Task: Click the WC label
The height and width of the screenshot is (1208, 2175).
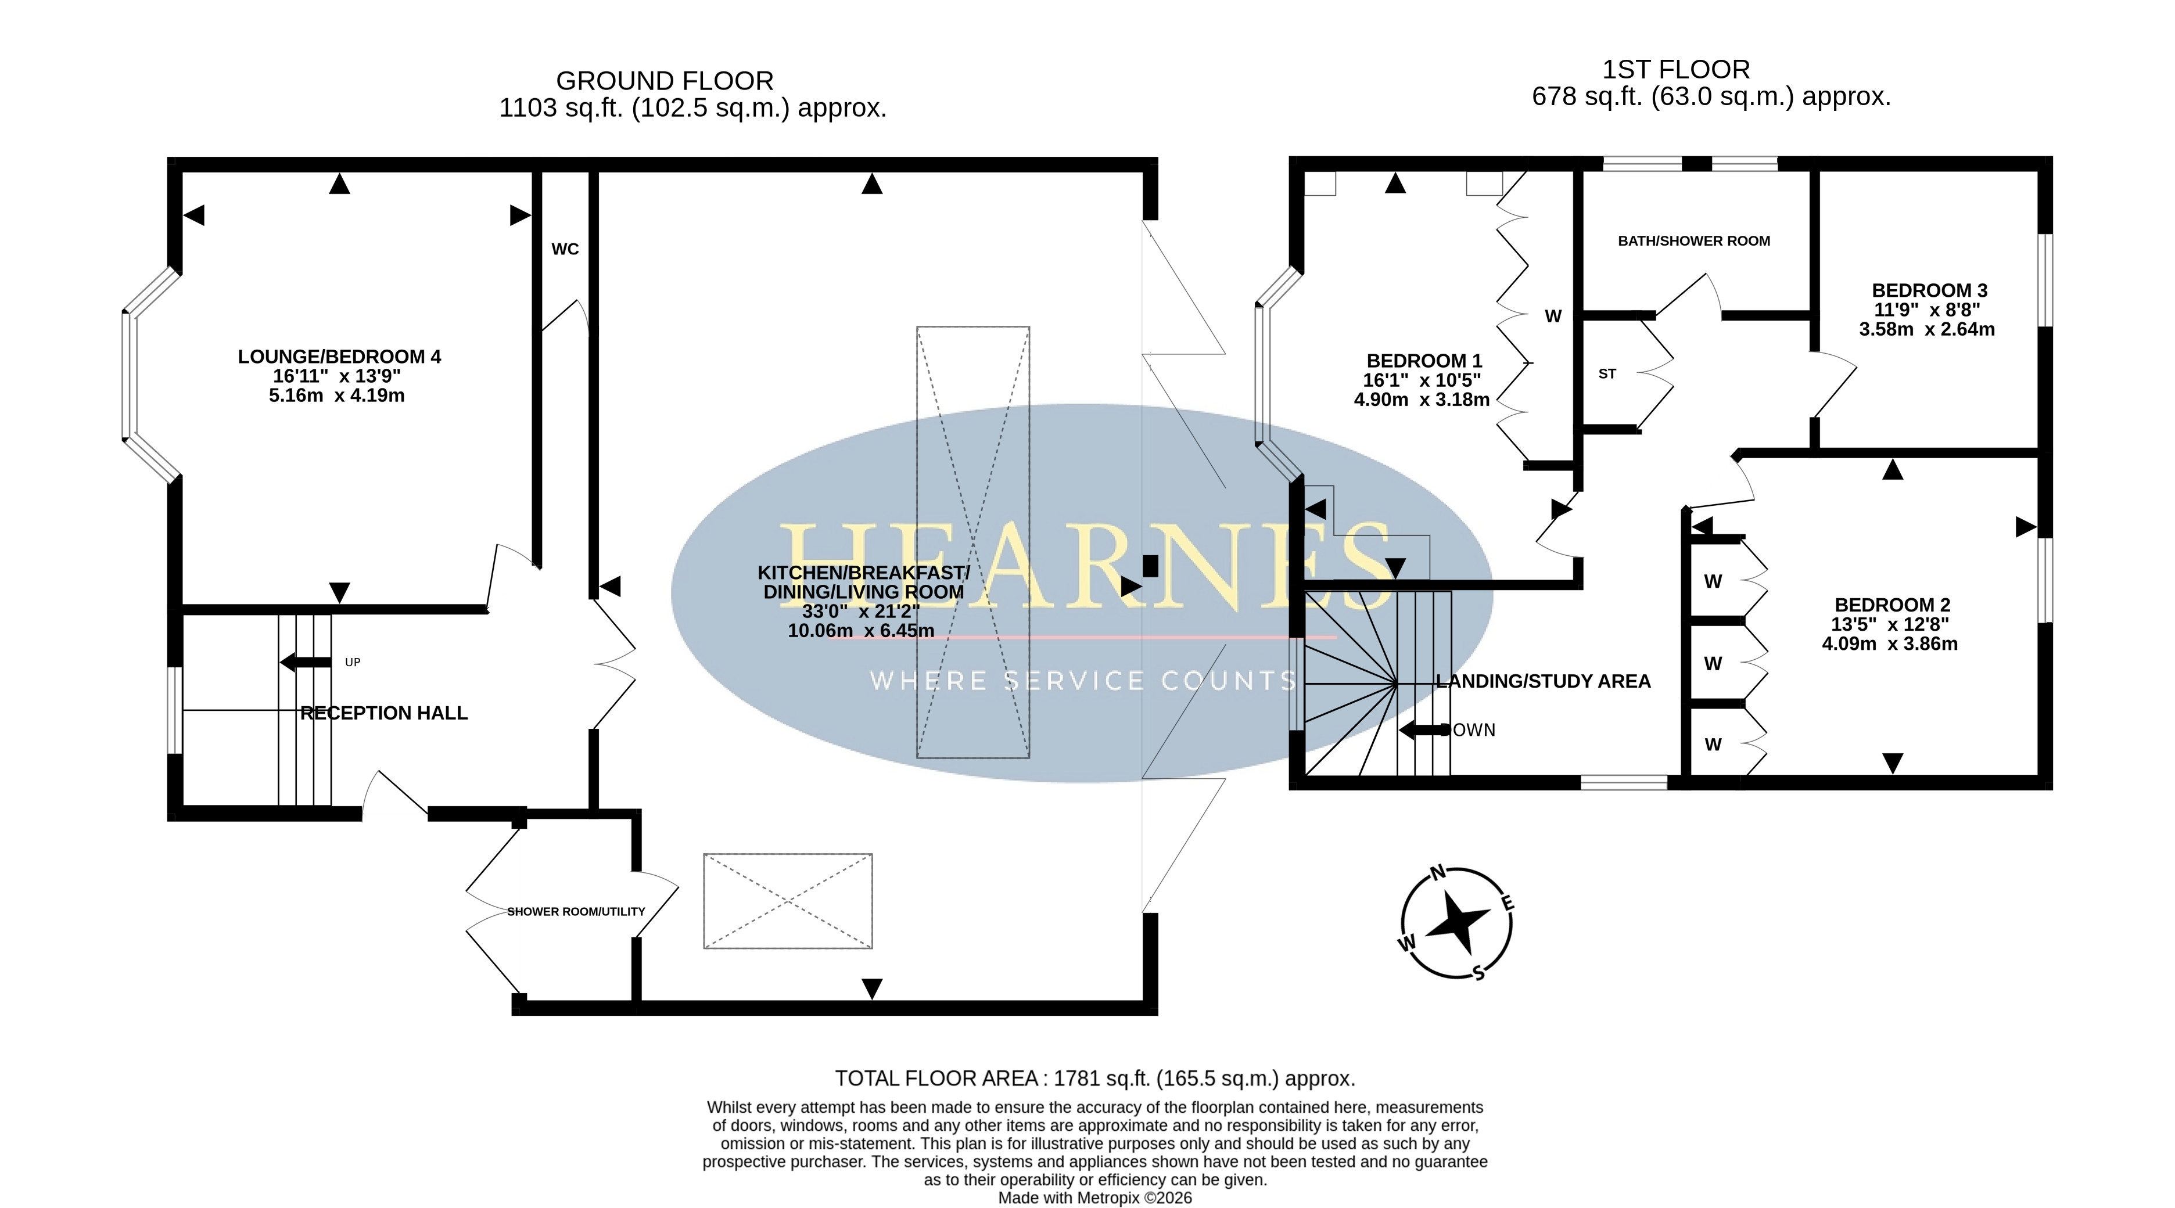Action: [x=565, y=249]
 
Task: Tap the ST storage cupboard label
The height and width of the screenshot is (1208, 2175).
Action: [x=1607, y=374]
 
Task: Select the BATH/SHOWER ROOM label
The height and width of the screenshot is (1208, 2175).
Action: [x=1694, y=240]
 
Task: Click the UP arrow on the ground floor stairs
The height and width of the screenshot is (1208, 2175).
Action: [x=305, y=663]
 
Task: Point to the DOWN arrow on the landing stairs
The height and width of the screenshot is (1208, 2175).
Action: [x=1425, y=730]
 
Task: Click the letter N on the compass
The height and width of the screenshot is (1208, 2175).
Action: [x=1438, y=873]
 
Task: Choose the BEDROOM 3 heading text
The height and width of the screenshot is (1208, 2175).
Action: [x=1929, y=290]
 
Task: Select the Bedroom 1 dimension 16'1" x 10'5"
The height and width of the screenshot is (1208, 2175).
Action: [x=1422, y=381]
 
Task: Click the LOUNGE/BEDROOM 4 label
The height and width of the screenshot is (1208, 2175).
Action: [x=339, y=357]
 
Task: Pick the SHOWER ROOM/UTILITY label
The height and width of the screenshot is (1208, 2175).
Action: [x=576, y=912]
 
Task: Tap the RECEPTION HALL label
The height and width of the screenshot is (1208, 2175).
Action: [x=384, y=713]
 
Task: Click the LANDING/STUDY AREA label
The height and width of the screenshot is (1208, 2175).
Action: [x=1544, y=681]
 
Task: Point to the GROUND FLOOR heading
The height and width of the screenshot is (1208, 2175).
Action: [x=665, y=81]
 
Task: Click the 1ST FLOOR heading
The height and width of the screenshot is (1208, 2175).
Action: [x=1676, y=69]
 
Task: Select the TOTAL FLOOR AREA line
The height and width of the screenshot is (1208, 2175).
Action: [x=1095, y=1079]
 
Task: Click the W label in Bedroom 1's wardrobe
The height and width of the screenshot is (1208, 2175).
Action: [x=1553, y=317]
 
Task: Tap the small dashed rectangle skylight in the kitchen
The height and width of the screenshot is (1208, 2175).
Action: [x=788, y=901]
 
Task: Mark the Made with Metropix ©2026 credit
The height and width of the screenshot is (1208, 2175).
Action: [x=1095, y=1198]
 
